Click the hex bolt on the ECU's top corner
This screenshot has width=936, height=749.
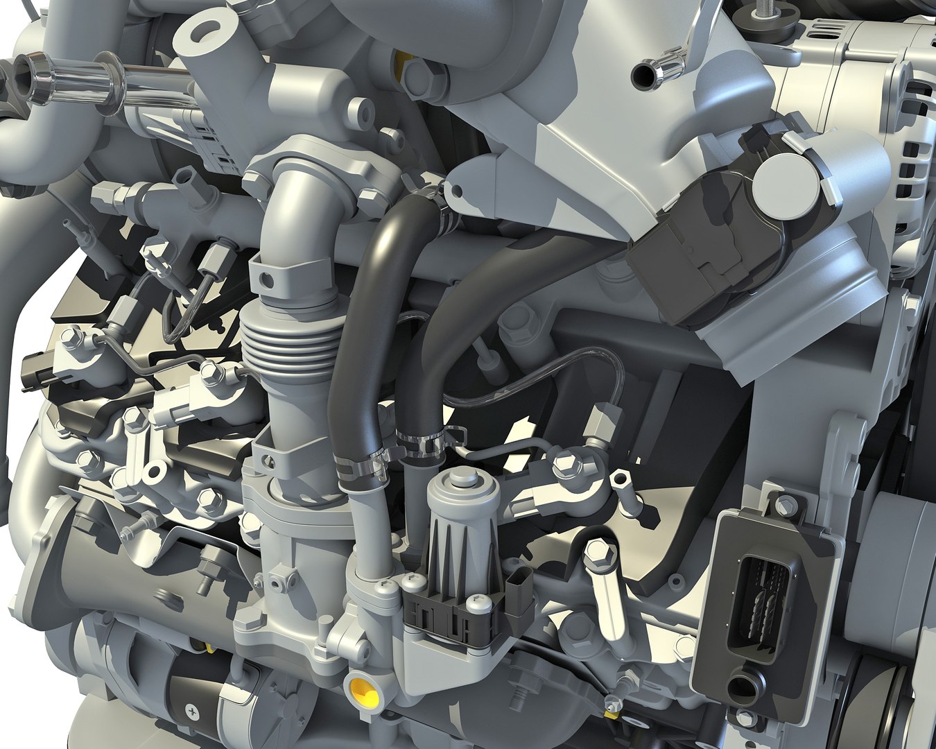tap(783, 501)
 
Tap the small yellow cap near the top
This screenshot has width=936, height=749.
tap(399, 64)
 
